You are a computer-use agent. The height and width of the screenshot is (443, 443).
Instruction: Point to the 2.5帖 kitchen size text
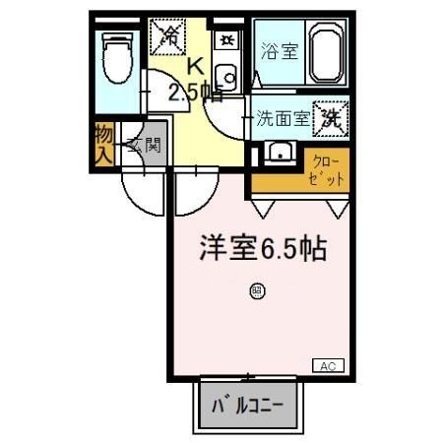coord(194,94)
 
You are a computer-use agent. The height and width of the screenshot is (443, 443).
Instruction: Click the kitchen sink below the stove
coord(225,75)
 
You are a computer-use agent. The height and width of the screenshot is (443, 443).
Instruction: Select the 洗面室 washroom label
coord(283,120)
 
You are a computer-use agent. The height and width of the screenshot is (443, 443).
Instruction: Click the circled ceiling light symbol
coord(256,290)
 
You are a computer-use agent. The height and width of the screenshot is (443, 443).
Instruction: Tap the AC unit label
coord(328,365)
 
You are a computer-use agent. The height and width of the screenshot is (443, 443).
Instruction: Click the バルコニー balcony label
coord(248,404)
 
